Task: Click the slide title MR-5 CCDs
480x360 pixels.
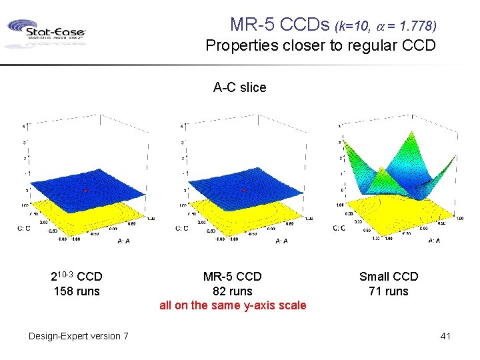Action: click(280, 25)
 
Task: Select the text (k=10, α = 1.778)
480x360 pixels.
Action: click(387, 27)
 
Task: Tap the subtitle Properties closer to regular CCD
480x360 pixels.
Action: click(321, 46)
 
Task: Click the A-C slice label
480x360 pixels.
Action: click(239, 87)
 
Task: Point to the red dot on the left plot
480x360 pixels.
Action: click(86, 191)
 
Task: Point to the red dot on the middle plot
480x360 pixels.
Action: click(244, 191)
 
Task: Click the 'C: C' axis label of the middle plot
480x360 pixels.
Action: click(182, 228)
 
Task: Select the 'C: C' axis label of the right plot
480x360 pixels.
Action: click(339, 228)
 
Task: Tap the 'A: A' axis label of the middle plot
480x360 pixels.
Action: click(282, 241)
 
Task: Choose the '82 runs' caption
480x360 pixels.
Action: click(232, 291)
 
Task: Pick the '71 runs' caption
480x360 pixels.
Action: click(389, 291)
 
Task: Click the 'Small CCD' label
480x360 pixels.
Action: click(389, 277)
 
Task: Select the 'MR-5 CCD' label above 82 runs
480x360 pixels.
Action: click(232, 277)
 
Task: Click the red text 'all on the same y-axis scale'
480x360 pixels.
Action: click(233, 306)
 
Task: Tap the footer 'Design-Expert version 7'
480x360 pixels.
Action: click(79, 336)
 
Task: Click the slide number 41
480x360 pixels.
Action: click(445, 336)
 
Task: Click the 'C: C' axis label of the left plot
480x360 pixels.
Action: click(24, 228)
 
